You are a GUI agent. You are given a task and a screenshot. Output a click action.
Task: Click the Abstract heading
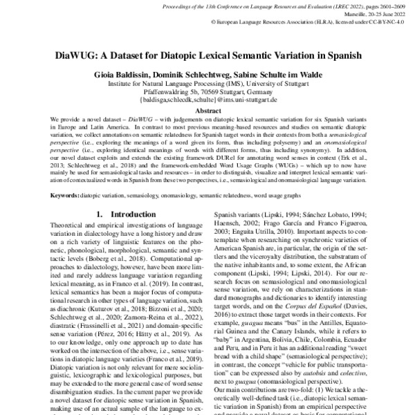pyautogui.click(x=207, y=110)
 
